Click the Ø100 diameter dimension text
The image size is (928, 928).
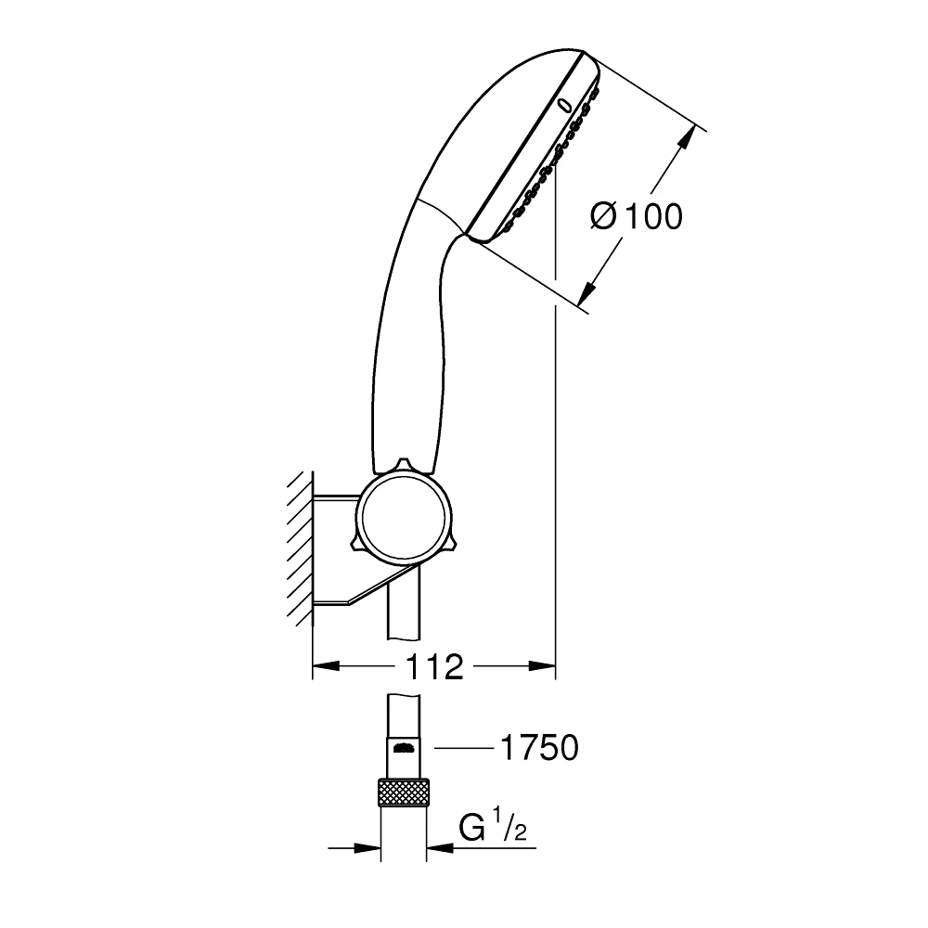pyautogui.click(x=636, y=216)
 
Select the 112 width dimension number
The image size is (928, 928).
pyautogui.click(x=434, y=665)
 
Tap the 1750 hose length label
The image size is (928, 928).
pyautogui.click(x=538, y=747)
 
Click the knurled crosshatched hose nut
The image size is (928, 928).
pyautogui.click(x=405, y=794)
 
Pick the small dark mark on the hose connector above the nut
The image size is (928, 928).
pyautogui.click(x=404, y=747)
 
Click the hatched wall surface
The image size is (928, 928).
pyautogui.click(x=299, y=548)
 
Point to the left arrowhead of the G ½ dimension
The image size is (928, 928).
pyautogui.click(x=371, y=846)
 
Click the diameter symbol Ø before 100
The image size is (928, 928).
pyautogui.click(x=603, y=216)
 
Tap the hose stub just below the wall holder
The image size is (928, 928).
pyautogui.click(x=404, y=612)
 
